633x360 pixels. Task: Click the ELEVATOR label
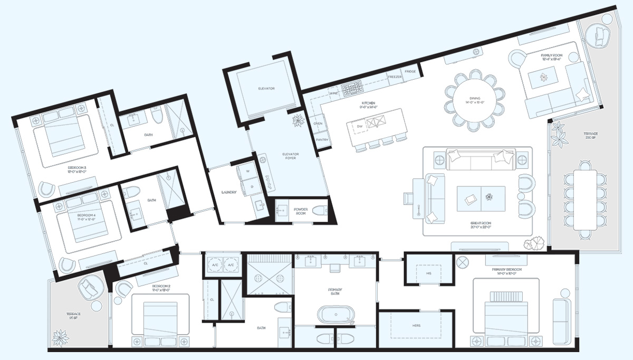point(266,89)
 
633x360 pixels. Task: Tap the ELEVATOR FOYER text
point(290,157)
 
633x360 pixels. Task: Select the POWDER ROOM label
point(301,212)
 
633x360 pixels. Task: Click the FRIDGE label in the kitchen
point(410,71)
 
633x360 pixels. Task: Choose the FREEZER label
point(395,77)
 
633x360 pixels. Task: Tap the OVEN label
point(318,124)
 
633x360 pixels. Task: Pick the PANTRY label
point(322,140)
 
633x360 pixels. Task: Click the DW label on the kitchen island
point(359,127)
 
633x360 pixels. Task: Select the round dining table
point(473,100)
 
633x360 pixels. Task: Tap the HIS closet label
point(428,273)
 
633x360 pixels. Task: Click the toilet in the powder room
point(320,211)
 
